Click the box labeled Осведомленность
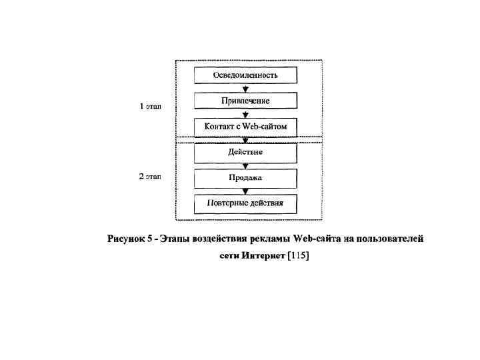pyautogui.click(x=245, y=75)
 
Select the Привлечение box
pyautogui.click(x=245, y=101)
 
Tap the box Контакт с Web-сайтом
pyautogui.click(x=245, y=126)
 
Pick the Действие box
pyautogui.click(x=245, y=152)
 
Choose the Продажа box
pyautogui.click(x=245, y=178)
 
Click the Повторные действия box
pyautogui.click(x=245, y=203)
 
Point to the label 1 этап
pyautogui.click(x=150, y=105)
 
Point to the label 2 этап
pyautogui.click(x=150, y=177)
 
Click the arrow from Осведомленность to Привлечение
pyautogui.click(x=245, y=88)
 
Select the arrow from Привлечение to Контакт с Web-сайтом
pyautogui.click(x=245, y=114)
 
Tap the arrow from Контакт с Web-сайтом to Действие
pyautogui.click(x=245, y=139)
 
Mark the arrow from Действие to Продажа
pyautogui.click(x=245, y=165)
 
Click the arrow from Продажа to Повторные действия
pyautogui.click(x=245, y=191)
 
